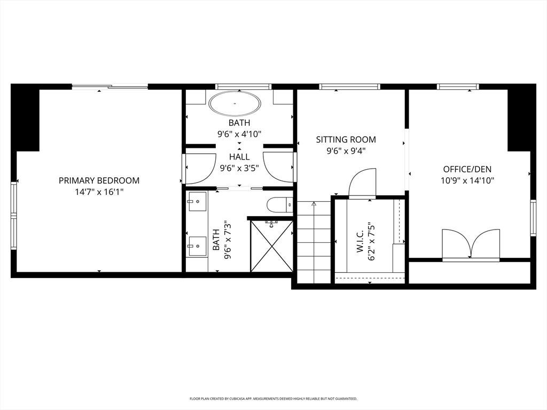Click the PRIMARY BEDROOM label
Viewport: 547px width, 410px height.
click(x=99, y=180)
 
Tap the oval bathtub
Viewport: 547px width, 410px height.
click(x=235, y=103)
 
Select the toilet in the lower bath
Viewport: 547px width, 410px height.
click(x=280, y=204)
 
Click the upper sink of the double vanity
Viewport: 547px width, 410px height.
click(x=197, y=201)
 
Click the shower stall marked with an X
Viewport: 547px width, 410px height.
click(x=272, y=246)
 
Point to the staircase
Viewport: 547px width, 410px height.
click(x=314, y=243)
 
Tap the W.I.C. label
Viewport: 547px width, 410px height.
click(x=360, y=241)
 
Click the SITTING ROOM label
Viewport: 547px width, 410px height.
click(x=346, y=139)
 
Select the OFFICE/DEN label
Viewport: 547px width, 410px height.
click(x=467, y=169)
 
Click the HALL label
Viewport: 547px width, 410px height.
click(x=239, y=157)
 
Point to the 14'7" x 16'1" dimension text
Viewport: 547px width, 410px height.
click(x=99, y=192)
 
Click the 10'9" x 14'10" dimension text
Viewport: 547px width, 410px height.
click(x=467, y=180)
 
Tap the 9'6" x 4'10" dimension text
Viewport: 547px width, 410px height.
click(x=239, y=134)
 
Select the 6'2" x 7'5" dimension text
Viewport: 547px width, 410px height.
click(x=372, y=241)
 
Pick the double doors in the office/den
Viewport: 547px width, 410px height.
click(x=471, y=244)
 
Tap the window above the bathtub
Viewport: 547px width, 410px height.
click(x=244, y=86)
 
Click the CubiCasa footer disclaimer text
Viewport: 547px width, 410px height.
click(x=273, y=398)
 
